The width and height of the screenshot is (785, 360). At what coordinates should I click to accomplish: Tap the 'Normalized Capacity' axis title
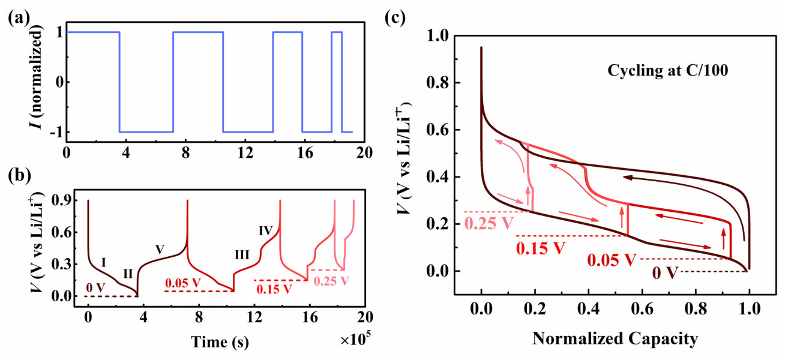click(x=615, y=339)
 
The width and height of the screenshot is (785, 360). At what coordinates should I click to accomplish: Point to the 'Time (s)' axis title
click(x=220, y=342)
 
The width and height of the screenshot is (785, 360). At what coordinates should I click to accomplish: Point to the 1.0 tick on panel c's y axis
click(x=438, y=37)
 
